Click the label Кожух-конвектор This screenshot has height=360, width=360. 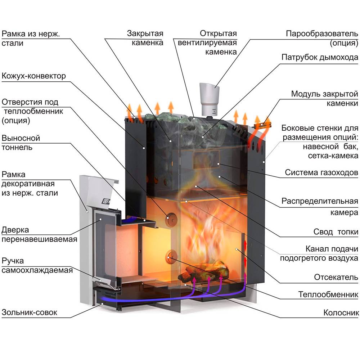pyautogui.click(x=34, y=76)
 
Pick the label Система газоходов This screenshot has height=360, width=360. pyautogui.click(x=321, y=172)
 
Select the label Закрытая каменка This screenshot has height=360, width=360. pyautogui.click(x=145, y=38)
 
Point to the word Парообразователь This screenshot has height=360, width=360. pyautogui.click(x=322, y=34)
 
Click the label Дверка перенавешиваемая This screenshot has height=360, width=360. pyautogui.click(x=39, y=234)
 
